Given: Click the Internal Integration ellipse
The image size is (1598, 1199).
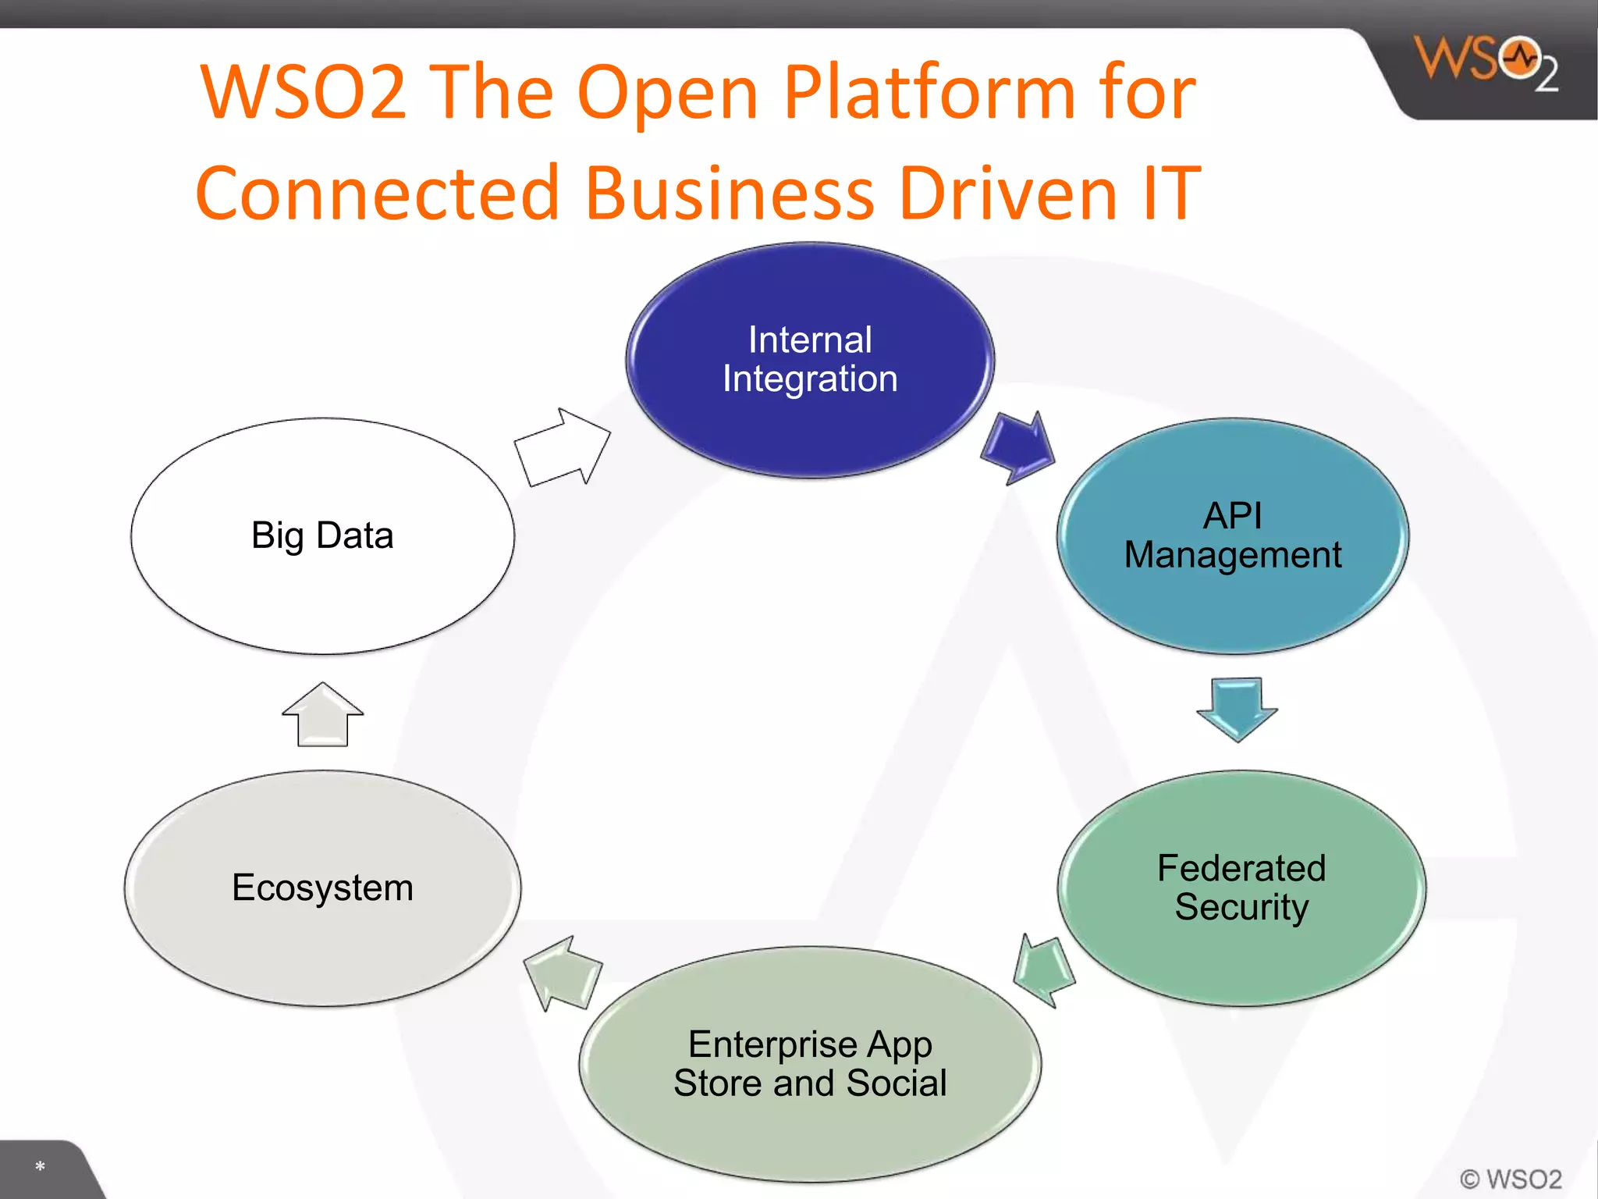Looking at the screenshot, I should point(810,360).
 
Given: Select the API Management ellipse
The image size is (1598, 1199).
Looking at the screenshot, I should point(1233,536).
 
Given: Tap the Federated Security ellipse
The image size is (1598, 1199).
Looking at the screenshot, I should point(1241,888).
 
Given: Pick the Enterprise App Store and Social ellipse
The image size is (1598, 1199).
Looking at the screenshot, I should point(810,1064).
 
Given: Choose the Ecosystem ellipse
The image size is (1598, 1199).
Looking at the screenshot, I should point(322,888).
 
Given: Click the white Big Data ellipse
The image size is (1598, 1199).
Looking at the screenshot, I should point(322,536).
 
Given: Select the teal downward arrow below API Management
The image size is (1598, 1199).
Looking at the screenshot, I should point(1237,707).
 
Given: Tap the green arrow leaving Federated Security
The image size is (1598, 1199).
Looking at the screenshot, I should point(1044,970).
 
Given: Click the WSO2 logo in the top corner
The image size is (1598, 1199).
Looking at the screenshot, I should point(1486,62).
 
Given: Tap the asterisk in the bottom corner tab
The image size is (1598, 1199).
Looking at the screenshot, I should point(40,1167).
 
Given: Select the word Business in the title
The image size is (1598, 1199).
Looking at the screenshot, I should point(730,193).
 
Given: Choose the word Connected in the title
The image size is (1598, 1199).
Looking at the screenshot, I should point(378,193).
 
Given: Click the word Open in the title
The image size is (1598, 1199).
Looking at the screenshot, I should point(667,93).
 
